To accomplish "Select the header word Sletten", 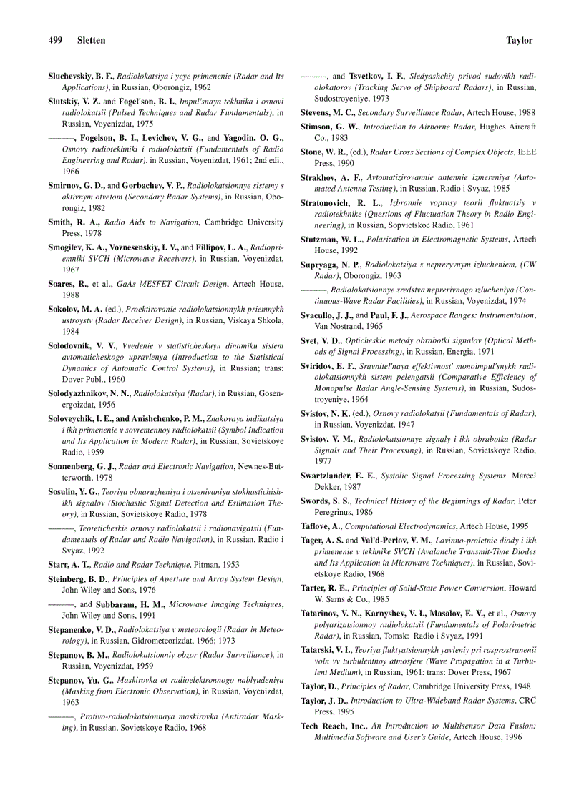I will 91,41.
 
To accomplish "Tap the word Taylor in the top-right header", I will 519,41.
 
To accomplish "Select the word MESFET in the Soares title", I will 155,284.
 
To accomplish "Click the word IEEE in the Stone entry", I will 526,152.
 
